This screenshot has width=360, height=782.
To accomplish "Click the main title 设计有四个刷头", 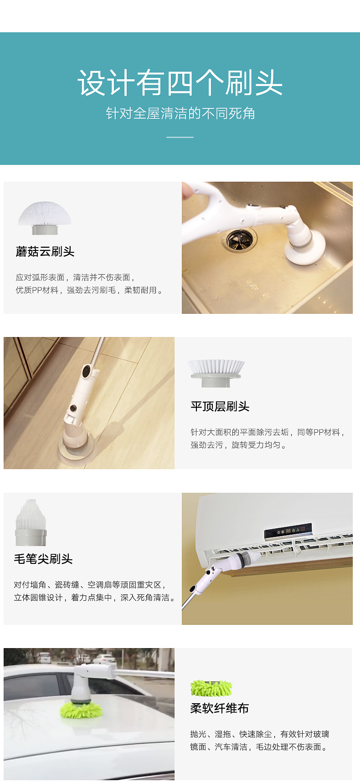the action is point(180,83).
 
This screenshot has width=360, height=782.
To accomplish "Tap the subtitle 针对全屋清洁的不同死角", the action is point(180,113).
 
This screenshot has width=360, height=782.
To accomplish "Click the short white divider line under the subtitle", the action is point(180,137).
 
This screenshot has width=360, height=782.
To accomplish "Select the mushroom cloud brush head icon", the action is point(45,218).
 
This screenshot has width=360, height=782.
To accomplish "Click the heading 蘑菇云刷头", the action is point(45,251).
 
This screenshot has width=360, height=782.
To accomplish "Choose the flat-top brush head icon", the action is point(216,373).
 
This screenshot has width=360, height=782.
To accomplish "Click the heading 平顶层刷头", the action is point(220,406).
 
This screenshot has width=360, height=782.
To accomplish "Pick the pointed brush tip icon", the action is point(31,522).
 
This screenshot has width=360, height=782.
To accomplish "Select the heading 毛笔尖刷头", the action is point(43,559).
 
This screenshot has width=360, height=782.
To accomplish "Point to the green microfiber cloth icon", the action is point(211,688).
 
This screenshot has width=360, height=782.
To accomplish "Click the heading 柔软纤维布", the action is point(220,708).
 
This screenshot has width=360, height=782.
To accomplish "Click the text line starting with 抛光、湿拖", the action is point(260,734).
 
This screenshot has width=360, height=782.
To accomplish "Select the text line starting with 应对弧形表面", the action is point(75,277).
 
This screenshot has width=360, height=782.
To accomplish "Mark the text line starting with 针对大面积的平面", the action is point(267,432).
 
